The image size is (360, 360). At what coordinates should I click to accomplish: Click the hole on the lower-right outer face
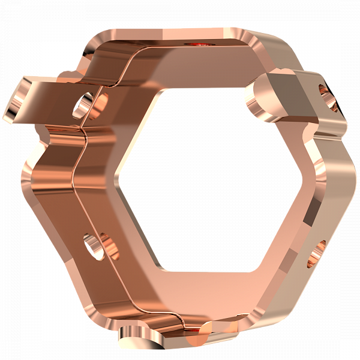tap(319, 253)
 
